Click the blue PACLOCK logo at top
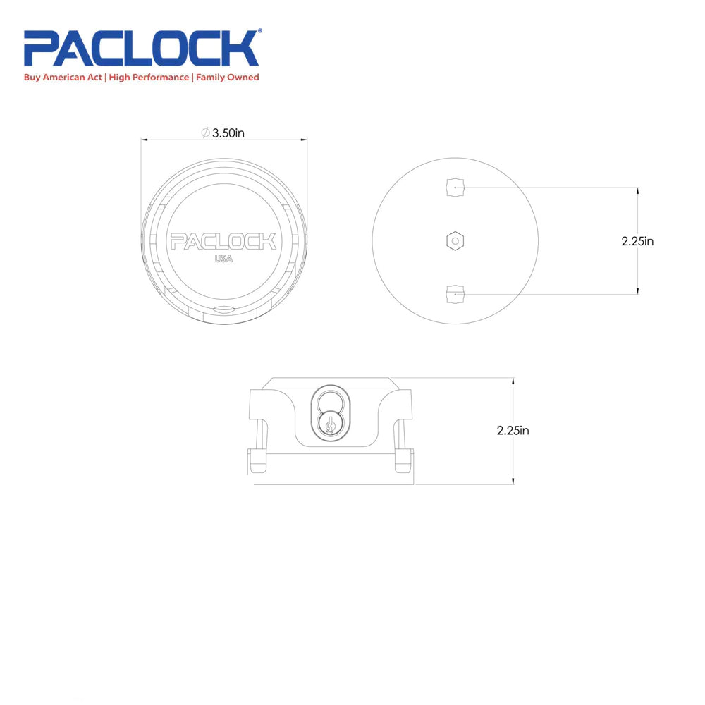coord(141,49)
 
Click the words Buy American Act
coord(63,78)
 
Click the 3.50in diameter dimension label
coord(228,133)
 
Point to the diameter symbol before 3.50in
coord(204,133)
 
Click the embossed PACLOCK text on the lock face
coord(223,242)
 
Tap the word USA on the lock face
coord(223,259)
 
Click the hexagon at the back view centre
coord(455,241)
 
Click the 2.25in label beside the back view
coord(637,241)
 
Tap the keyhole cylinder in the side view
coord(329,425)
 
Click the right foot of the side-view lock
coord(404,461)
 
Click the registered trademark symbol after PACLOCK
coord(260,32)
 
